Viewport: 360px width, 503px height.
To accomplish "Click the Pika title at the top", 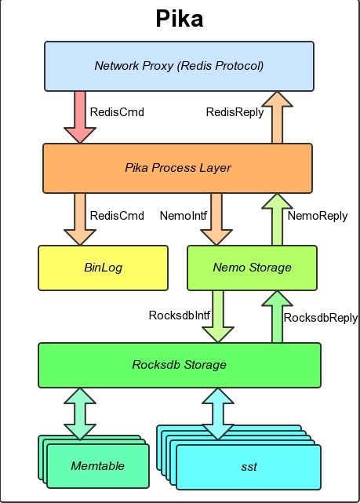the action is pyautogui.click(x=179, y=19).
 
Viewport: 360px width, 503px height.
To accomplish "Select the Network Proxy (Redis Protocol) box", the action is pyautogui.click(x=179, y=67).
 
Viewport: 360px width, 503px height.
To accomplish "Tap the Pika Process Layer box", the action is pyautogui.click(x=177, y=169).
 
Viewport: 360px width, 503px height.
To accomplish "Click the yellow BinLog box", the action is pyautogui.click(x=103, y=268).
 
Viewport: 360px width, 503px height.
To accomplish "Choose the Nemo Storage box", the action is pyautogui.click(x=252, y=268).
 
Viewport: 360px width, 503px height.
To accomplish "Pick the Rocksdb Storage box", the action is pyautogui.click(x=180, y=365).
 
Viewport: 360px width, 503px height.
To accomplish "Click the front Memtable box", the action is pyautogui.click(x=98, y=466).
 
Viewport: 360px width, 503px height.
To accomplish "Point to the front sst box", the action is pyautogui.click(x=249, y=467).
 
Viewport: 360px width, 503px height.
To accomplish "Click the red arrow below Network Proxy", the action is pyautogui.click(x=80, y=117).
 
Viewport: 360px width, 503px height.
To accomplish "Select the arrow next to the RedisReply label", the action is pyautogui.click(x=278, y=118).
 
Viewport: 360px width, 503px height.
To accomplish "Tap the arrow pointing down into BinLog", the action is pyautogui.click(x=80, y=220).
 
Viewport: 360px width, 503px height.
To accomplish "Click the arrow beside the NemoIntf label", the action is pyautogui.click(x=216, y=220).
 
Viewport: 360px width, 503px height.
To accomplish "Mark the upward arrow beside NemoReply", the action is pyautogui.click(x=278, y=220).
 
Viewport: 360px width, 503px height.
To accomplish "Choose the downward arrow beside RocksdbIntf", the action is pyautogui.click(x=218, y=316).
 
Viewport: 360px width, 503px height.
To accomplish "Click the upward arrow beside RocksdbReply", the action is pyautogui.click(x=278, y=317).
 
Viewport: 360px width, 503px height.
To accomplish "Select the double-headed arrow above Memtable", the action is pyautogui.click(x=80, y=414).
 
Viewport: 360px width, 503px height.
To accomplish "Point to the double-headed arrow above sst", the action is pyautogui.click(x=218, y=414).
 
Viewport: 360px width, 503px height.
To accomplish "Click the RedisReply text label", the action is pyautogui.click(x=235, y=112).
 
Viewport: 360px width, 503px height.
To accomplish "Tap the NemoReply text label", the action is pyautogui.click(x=318, y=216).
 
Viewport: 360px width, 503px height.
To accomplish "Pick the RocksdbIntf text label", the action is pyautogui.click(x=179, y=315).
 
